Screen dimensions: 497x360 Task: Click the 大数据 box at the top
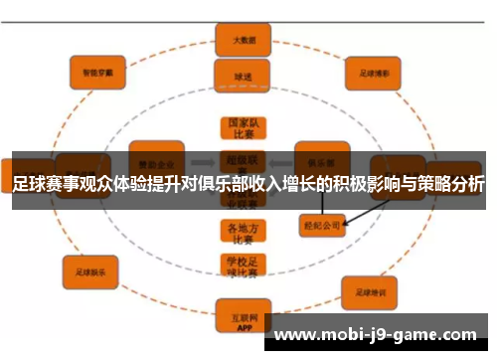click(x=243, y=39)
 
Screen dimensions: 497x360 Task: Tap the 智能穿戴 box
click(x=96, y=72)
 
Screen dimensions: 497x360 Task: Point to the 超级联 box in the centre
click(x=243, y=158)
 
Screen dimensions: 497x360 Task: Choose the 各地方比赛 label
click(x=243, y=231)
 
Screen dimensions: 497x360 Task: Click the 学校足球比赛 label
click(x=243, y=266)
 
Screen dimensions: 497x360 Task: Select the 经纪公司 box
click(x=321, y=225)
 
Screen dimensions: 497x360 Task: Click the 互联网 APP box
click(x=243, y=319)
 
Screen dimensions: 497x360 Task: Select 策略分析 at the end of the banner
click(x=453, y=184)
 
